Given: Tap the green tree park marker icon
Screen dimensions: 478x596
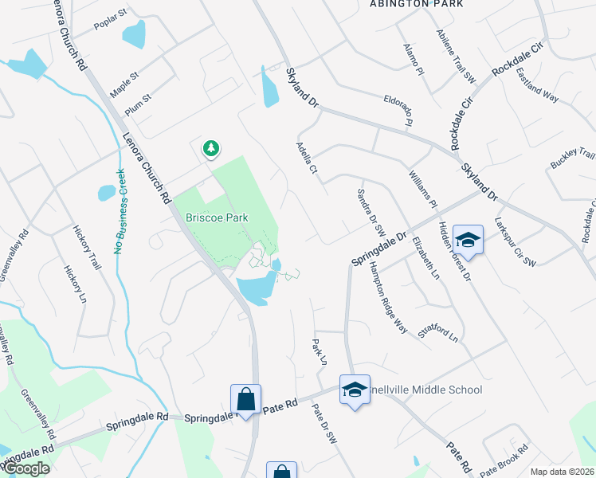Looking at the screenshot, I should click(x=210, y=148).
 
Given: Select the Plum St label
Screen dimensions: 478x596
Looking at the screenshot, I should click(x=138, y=104).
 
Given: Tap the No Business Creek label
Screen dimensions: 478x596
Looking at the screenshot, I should click(x=120, y=211).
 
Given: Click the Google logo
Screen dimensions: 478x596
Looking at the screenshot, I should click(x=25, y=468).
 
